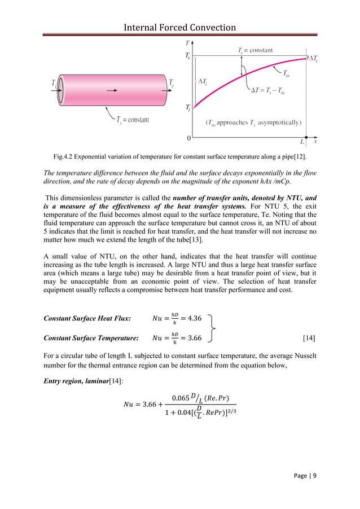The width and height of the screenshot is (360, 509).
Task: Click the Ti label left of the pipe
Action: (x=54, y=83)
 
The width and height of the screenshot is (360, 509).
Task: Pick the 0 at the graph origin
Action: (x=188, y=138)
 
